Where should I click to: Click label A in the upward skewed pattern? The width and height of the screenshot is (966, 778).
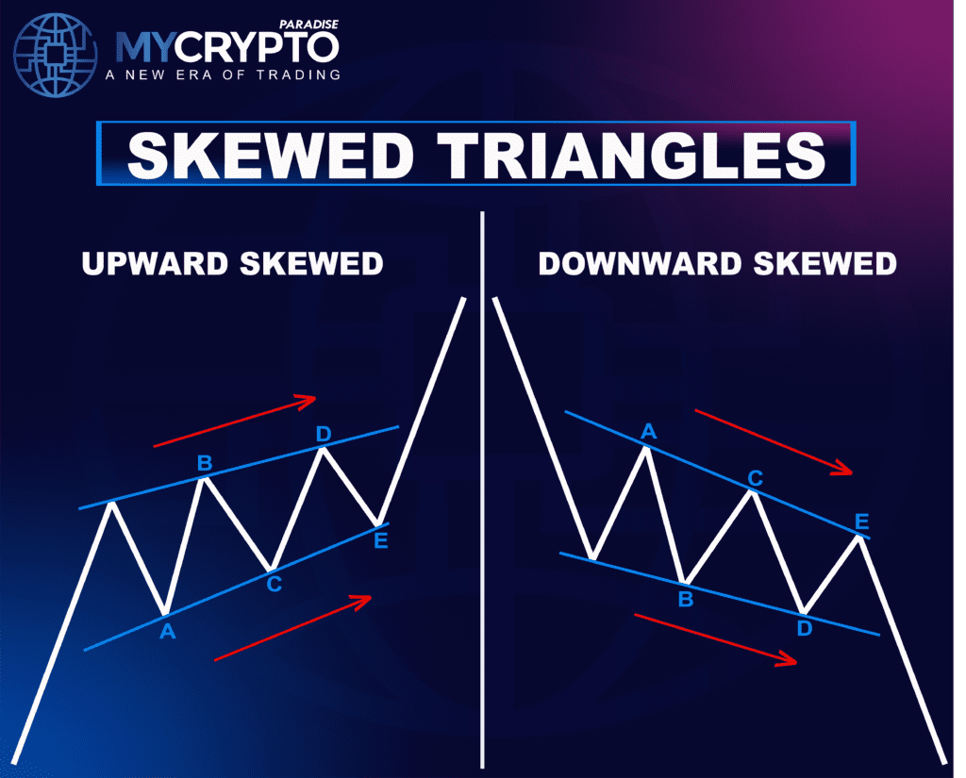point(167,632)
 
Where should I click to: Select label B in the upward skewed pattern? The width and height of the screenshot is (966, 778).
point(204,463)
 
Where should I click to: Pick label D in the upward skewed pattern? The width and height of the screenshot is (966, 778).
point(324,435)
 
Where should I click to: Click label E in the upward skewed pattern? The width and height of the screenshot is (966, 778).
point(380,540)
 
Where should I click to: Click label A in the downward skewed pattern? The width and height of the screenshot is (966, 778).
point(648,432)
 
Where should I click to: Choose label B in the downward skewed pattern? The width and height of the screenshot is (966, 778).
point(686,598)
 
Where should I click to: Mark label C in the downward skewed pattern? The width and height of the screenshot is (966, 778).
point(755,478)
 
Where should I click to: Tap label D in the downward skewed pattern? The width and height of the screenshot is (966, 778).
point(805,626)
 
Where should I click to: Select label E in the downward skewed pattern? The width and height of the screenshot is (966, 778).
point(861,521)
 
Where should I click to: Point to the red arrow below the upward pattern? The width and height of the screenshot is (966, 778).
point(293,627)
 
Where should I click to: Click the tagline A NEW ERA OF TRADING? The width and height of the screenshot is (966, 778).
point(227,74)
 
